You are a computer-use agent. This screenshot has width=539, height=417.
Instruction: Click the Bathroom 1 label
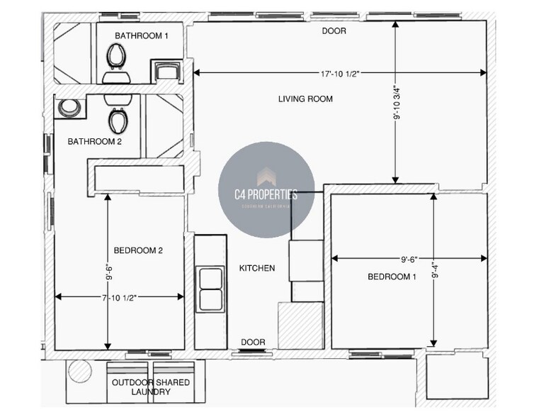tap(142, 35)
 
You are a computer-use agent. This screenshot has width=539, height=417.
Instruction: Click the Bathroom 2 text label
tap(95, 142)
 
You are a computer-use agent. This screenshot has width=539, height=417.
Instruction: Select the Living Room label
tap(305, 99)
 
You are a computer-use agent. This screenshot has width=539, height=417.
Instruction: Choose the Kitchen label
tap(256, 268)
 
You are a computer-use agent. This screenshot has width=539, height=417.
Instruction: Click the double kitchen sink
tap(210, 289)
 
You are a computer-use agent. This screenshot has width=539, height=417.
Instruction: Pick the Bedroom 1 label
tap(391, 277)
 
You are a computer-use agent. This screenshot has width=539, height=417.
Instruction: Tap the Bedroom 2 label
tap(139, 250)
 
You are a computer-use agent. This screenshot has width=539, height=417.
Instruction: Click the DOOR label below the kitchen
tap(253, 343)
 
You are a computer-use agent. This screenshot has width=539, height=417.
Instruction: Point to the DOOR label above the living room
tap(334, 31)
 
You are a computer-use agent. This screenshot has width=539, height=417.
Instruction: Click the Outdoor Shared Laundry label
tap(151, 387)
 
